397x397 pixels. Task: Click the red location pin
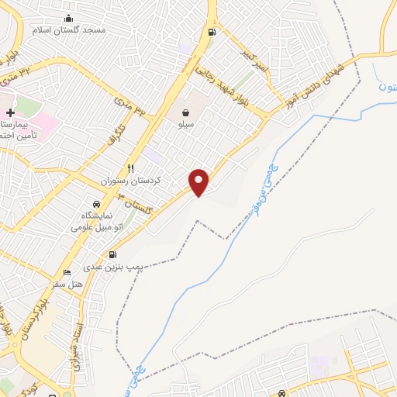(x=200, y=181)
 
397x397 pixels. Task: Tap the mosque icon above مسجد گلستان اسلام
(x=70, y=19)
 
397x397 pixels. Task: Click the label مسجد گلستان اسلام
(x=68, y=29)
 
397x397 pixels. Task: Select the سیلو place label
(x=186, y=124)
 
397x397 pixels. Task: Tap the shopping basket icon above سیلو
(x=186, y=112)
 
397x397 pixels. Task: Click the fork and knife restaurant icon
(x=131, y=168)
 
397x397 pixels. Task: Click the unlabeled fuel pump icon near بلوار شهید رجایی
(x=211, y=33)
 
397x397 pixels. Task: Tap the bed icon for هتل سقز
(x=67, y=273)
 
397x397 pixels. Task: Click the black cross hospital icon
(x=10, y=113)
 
